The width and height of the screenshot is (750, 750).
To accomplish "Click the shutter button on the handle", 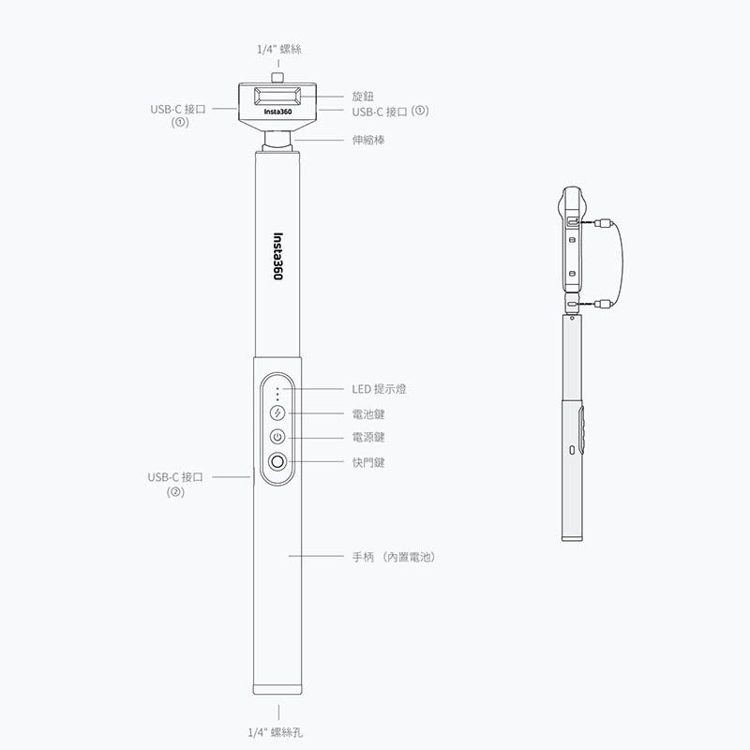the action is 277,461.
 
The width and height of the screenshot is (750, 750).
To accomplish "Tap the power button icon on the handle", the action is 277,437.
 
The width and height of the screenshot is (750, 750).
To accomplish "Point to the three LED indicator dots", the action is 277,394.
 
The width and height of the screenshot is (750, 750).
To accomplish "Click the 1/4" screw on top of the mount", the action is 277,78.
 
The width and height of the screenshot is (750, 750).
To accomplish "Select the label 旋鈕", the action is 363,97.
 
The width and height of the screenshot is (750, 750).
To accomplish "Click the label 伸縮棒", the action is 368,140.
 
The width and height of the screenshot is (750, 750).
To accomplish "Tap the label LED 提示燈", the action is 380,389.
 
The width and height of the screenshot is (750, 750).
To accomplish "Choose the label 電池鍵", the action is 368,413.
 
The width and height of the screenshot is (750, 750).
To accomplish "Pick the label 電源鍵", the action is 368,437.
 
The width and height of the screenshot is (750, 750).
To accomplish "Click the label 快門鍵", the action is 368,462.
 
